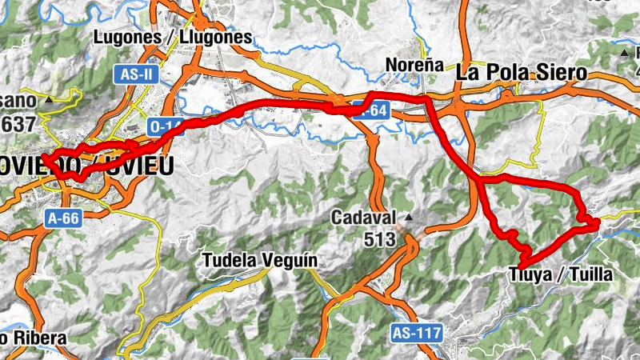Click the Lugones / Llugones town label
coord(172,38)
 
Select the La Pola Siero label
coord(522,72)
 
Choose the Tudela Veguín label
coord(260,260)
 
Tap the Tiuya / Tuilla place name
coord(560,275)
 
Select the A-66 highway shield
coord(65,218)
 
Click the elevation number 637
coord(18,125)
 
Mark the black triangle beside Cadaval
coord(410,218)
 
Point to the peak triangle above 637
coord(49,101)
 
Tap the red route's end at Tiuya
coord(522,265)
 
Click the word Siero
coord(561,72)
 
